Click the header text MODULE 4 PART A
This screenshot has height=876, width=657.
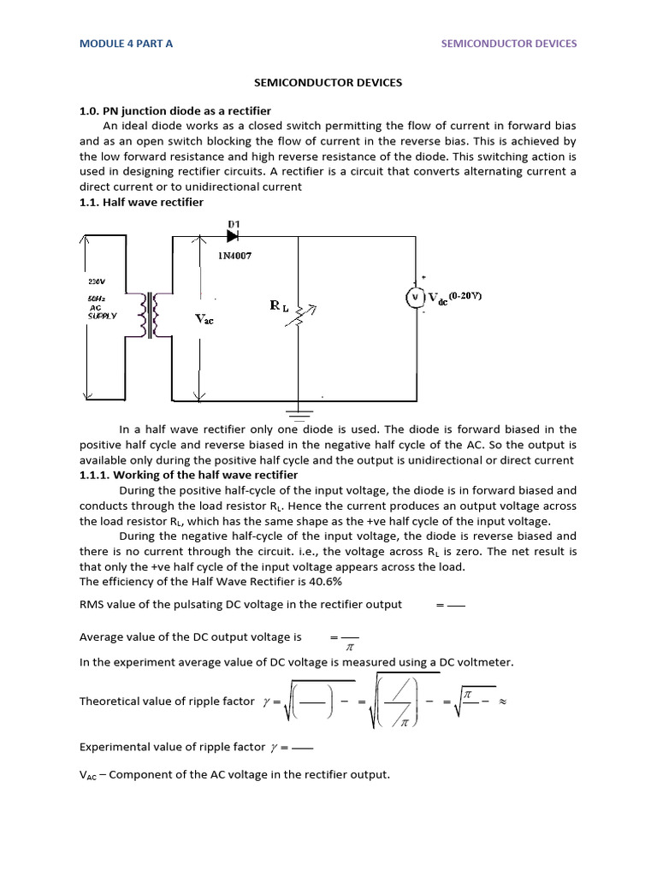tap(126, 44)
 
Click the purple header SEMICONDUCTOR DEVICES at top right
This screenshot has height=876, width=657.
tap(508, 44)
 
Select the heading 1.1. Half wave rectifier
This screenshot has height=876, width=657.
tap(141, 202)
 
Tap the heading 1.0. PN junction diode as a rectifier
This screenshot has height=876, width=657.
tap(175, 111)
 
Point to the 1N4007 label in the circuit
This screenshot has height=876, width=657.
tap(234, 255)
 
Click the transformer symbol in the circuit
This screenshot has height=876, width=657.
tap(155, 316)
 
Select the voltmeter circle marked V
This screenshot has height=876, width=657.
tap(415, 297)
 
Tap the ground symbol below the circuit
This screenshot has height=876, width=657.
tap(299, 413)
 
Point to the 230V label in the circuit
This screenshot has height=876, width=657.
tap(97, 281)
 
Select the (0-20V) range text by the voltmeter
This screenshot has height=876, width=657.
tap(463, 295)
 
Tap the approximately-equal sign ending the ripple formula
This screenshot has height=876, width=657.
tap(503, 701)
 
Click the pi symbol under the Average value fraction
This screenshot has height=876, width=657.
tap(348, 649)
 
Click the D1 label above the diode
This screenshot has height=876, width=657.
tap(234, 223)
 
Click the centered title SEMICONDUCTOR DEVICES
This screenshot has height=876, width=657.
tap(328, 83)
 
